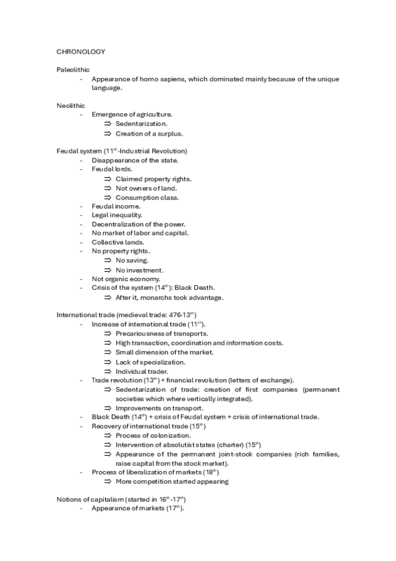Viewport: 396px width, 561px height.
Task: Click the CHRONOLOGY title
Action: pos(81,51)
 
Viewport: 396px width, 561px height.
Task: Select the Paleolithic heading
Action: pos(73,69)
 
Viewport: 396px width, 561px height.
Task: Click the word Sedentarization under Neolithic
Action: pos(141,124)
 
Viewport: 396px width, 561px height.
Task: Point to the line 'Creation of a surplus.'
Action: pos(149,133)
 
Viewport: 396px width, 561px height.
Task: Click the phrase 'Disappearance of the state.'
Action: pos(135,161)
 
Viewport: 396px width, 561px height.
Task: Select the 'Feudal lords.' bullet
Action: pos(112,169)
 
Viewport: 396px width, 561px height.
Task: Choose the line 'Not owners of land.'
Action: pos(146,188)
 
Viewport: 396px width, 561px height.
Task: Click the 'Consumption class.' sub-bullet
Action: pos(147,197)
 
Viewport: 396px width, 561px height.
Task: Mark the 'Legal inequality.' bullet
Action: pos(117,215)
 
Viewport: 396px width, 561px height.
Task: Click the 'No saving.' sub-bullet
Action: pos(132,261)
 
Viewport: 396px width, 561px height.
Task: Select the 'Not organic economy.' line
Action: pos(126,279)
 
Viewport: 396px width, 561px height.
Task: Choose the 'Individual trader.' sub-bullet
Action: pos(141,371)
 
